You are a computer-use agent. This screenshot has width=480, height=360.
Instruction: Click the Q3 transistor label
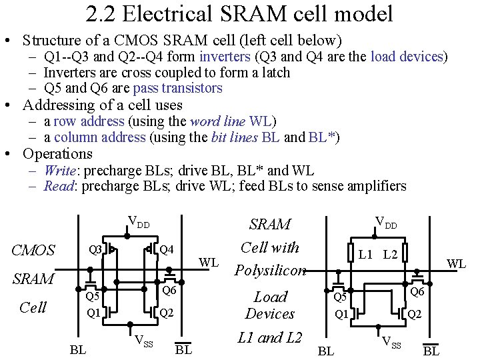point(97,250)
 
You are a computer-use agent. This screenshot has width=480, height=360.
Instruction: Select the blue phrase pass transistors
point(177,88)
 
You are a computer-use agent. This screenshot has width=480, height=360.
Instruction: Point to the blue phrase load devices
point(407,57)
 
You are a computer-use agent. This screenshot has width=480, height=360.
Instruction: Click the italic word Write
point(59,170)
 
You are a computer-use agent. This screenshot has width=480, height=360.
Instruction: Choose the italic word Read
point(58,186)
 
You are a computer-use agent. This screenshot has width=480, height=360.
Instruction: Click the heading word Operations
point(57,154)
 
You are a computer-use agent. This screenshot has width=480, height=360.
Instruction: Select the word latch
point(277,73)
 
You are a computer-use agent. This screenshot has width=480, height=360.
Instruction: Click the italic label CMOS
point(33,251)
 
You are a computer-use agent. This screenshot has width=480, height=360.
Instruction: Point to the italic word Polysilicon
point(270,271)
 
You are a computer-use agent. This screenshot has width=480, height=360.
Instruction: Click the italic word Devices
point(270,313)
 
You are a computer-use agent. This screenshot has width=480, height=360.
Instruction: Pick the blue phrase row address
point(89,121)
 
